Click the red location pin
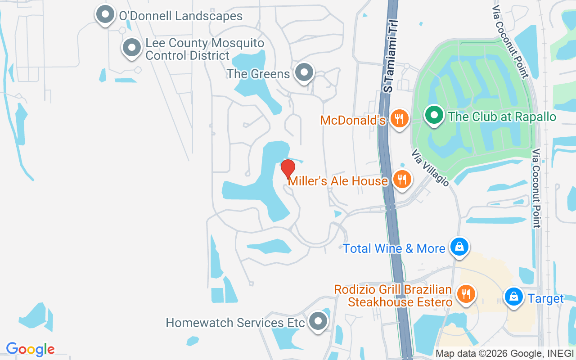tap(288, 169)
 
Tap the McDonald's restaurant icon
tap(399, 119)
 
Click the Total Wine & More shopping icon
tap(459, 247)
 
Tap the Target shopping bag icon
tap(513, 297)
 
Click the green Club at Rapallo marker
tap(434, 115)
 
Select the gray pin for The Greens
tap(305, 72)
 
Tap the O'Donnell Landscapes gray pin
tap(105, 14)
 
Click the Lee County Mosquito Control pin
tap(132, 47)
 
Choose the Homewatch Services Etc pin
tap(319, 322)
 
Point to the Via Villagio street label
tap(430, 168)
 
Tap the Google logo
tap(30, 349)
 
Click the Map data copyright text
tap(504, 354)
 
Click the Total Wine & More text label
tap(394, 248)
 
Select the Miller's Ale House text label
tap(338, 181)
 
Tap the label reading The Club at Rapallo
tap(502, 117)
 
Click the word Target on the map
tap(546, 299)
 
